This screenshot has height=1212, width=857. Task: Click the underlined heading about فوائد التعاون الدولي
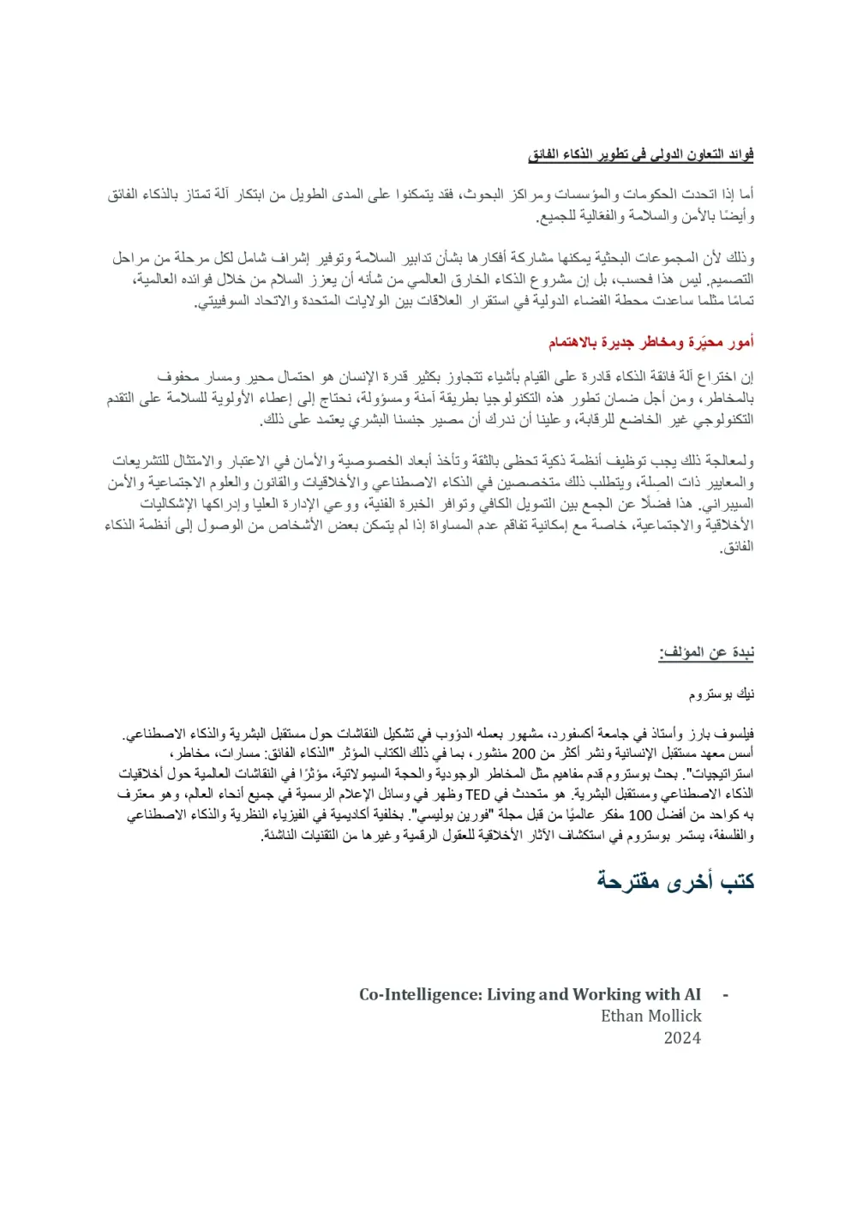tap(640, 155)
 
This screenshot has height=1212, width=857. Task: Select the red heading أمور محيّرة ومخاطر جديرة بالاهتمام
tap(651, 343)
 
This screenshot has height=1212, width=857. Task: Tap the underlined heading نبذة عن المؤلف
tap(706, 654)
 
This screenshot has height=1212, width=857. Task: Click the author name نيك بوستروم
tap(722, 694)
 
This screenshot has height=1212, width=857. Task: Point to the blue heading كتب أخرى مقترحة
tap(675, 881)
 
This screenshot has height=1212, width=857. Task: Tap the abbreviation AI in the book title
tap(692, 995)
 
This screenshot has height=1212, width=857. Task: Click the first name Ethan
tap(624, 1017)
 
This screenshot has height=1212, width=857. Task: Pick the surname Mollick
tap(676, 1017)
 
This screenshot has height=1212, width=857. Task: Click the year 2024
tap(682, 1038)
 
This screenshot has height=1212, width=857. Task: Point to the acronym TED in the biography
tap(477, 795)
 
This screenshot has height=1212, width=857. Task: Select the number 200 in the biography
tap(524, 754)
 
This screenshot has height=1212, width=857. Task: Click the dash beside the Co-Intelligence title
tap(726, 995)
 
